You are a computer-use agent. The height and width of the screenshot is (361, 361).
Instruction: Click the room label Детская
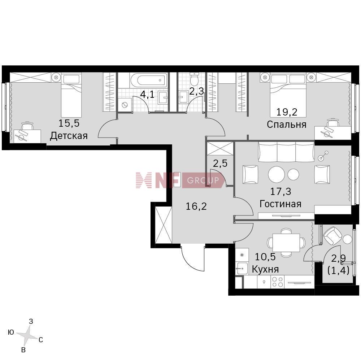coord(69,136)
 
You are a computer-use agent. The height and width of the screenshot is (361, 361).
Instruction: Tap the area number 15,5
coord(69,123)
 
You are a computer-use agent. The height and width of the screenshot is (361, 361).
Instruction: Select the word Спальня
coord(287,125)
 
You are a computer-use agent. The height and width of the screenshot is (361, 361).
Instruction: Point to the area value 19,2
coord(287,112)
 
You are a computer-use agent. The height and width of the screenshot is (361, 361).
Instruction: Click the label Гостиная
coord(280,204)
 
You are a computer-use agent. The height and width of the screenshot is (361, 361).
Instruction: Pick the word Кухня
coord(265,269)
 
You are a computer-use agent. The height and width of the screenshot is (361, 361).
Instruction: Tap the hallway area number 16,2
coord(196,206)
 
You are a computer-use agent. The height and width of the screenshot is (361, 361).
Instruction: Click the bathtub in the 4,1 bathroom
coord(148,81)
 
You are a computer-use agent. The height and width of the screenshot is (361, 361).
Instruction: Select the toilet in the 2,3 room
coord(195,79)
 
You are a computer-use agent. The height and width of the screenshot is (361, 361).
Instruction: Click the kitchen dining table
coord(286,243)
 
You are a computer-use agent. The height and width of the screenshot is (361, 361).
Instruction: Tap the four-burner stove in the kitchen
coord(277,282)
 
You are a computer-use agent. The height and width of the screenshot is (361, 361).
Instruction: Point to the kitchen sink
coord(242,268)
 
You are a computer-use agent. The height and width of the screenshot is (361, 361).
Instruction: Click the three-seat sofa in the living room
coord(286,152)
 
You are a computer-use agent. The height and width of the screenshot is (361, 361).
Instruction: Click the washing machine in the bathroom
coord(125,105)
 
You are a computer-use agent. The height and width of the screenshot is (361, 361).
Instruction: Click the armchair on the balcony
coord(333,236)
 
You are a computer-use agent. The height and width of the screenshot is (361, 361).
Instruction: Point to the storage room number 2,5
coord(220,163)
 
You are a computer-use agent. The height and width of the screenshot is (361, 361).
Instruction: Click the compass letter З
coord(31,322)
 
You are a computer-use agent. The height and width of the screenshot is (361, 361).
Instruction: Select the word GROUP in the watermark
coord(203,180)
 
